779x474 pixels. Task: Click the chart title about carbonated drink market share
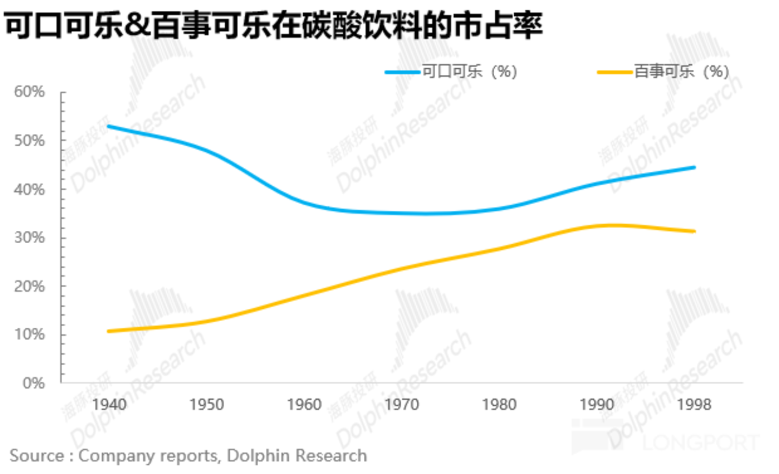(x=273, y=25)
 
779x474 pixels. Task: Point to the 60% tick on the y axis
(x=29, y=92)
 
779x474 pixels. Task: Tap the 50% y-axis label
(x=29, y=140)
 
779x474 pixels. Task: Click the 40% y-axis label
(x=29, y=189)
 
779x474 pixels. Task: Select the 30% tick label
(x=29, y=237)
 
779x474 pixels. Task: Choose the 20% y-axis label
(x=29, y=286)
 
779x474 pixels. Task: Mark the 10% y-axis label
(x=29, y=334)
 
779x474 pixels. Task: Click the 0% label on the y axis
(x=34, y=383)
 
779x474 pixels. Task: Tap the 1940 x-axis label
(x=109, y=405)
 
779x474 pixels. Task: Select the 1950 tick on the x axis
(x=207, y=405)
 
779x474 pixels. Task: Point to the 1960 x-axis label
(x=304, y=405)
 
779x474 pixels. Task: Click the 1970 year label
(x=402, y=405)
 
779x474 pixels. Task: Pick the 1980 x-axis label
(x=499, y=405)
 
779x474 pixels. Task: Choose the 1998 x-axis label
(x=694, y=405)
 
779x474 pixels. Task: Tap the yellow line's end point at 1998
(x=694, y=231)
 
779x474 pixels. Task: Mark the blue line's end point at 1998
(x=694, y=167)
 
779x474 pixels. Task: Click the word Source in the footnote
(x=37, y=456)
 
